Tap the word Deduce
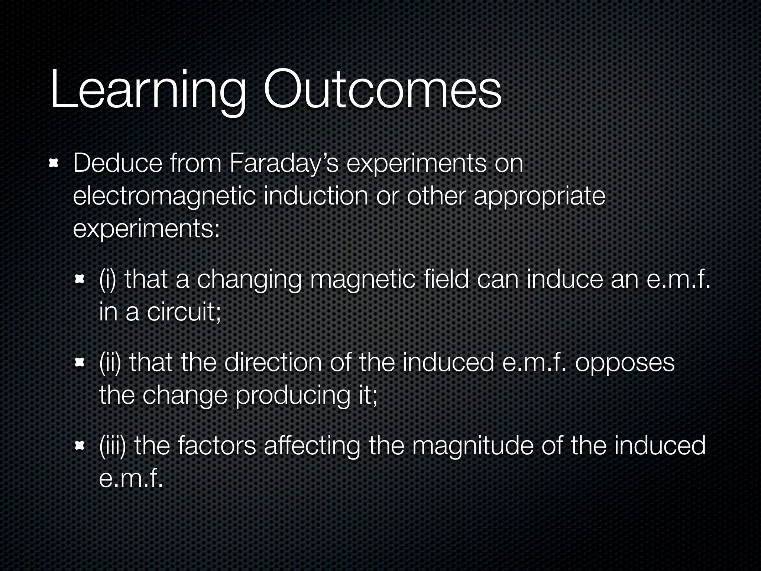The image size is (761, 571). pos(117,163)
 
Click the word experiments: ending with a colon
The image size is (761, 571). pos(147,229)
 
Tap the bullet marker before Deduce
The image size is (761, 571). pos(54,163)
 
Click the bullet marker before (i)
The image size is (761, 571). pos(80,279)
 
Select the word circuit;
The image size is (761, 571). pos(184,312)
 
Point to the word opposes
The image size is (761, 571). pos(625,364)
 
